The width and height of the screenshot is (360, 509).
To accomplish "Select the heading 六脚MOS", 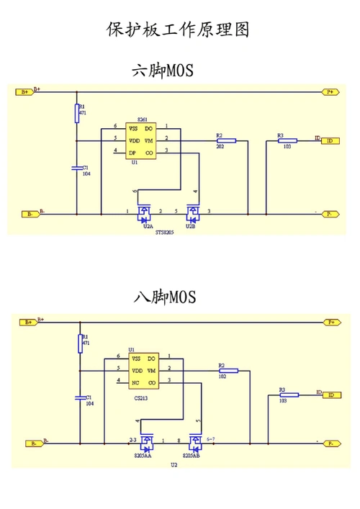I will (163, 71).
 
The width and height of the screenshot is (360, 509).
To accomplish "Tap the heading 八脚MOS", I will (164, 296).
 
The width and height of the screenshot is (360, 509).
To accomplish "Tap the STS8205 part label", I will (165, 233).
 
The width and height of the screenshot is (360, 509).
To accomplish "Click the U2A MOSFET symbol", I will (144, 214).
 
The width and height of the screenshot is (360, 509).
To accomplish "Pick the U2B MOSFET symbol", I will (192, 214).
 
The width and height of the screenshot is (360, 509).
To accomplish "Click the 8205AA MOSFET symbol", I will (147, 442).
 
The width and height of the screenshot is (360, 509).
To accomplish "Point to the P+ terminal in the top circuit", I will (330, 92).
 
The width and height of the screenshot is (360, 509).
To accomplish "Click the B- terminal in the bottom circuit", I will (30, 443).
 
